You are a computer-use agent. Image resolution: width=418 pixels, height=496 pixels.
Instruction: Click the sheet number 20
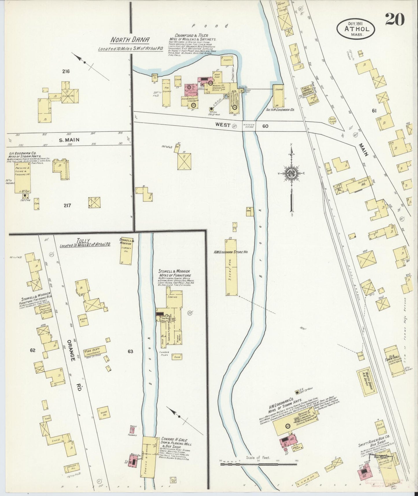395,19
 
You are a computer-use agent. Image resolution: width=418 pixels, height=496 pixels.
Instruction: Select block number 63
130,351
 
